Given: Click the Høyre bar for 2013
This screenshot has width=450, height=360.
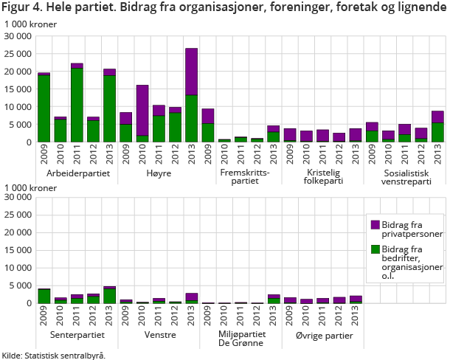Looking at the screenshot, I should click(x=191, y=96).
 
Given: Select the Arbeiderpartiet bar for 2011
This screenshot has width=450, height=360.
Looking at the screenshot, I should click(x=77, y=103).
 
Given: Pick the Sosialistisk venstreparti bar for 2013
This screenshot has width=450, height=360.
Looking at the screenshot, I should click(x=437, y=127).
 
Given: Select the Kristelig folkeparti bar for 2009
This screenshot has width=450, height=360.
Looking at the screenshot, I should click(x=290, y=135).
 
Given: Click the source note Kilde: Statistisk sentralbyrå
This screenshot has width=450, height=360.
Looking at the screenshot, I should click(x=53, y=355).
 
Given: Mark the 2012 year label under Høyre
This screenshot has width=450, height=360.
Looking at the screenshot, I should click(x=175, y=156).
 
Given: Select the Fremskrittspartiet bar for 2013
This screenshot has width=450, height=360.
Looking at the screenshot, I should click(x=274, y=134).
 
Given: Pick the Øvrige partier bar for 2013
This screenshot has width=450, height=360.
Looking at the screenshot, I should click(x=356, y=300).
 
